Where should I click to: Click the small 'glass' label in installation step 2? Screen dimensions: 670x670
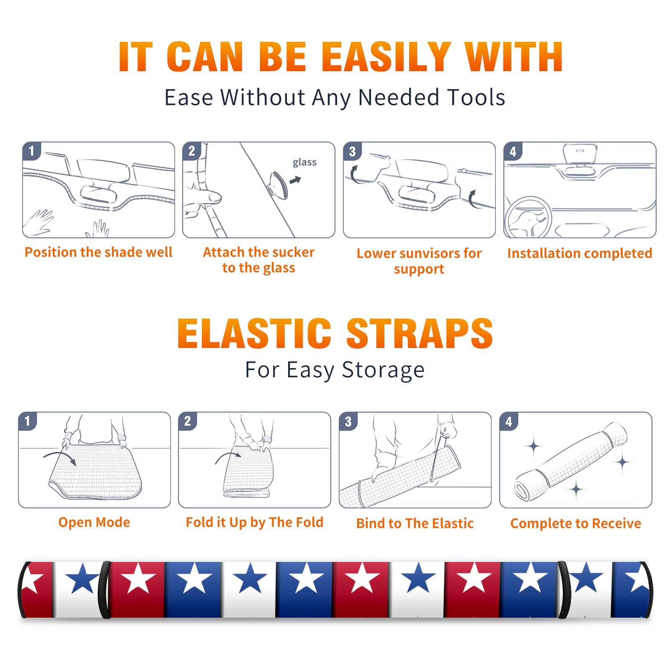tap(304, 162)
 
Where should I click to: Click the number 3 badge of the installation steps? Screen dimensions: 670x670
tap(353, 152)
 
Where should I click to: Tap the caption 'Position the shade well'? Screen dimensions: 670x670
tap(98, 252)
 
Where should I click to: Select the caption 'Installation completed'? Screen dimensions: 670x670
tap(580, 253)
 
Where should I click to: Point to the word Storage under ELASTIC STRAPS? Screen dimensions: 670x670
tap(383, 370)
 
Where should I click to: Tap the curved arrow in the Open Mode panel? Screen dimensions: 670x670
tap(59, 457)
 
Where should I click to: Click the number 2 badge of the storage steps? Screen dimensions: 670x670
tap(188, 421)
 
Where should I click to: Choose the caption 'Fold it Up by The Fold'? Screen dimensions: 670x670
tap(255, 522)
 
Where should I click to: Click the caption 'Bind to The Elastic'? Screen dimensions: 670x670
tap(415, 523)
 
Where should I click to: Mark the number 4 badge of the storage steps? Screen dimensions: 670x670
tap(509, 421)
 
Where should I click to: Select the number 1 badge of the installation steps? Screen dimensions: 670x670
tap(32, 151)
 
